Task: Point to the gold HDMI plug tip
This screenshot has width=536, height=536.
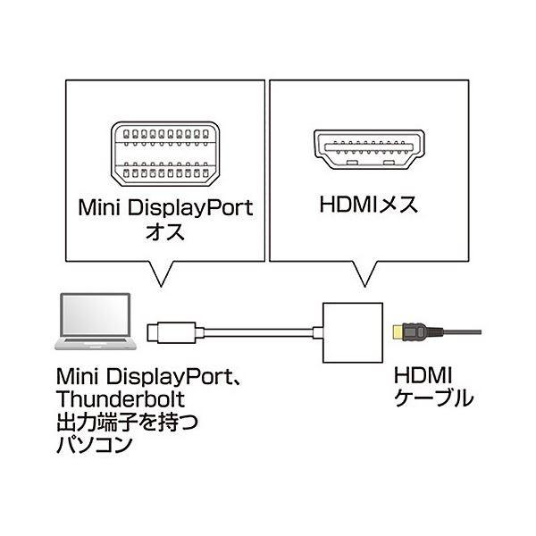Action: click(x=397, y=333)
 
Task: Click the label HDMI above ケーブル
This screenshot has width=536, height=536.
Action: click(x=422, y=374)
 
